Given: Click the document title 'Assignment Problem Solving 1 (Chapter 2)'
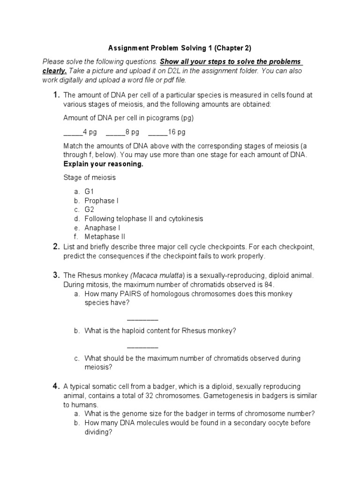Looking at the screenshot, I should tap(180, 48).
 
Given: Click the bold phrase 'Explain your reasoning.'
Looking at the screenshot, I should tap(103, 165).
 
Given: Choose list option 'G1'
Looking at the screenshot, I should tap(90, 192).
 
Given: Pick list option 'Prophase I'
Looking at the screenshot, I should tap(102, 201).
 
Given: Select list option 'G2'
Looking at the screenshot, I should tap(90, 210).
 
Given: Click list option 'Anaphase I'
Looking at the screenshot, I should tap(102, 228).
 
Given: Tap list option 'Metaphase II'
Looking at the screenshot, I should tap(105, 237).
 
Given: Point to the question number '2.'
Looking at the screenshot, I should tap(56, 247).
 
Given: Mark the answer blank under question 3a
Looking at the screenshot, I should tap(142, 319).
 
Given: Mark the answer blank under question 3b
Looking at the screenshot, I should tap(142, 347).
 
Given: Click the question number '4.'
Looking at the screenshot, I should tap(56, 386).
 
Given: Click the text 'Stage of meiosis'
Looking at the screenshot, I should tap(89, 178).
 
